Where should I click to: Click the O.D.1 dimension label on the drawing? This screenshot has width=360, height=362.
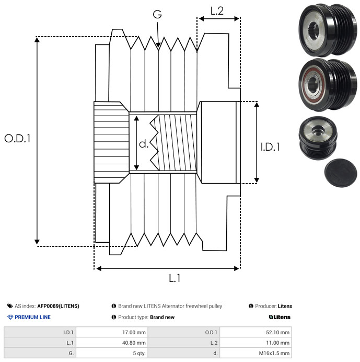[x=17, y=139]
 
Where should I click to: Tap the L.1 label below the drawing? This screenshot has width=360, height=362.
[x=175, y=278]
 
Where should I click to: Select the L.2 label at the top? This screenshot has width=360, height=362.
[x=217, y=10]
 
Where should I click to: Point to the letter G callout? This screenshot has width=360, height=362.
[x=157, y=15]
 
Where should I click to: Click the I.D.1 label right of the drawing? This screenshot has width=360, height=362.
[x=270, y=147]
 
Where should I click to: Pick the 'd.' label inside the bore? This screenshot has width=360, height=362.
[x=144, y=143]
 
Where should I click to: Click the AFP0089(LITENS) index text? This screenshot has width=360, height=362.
[x=58, y=306]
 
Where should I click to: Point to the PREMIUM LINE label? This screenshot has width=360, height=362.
[x=33, y=317]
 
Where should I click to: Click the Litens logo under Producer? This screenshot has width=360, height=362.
[x=280, y=317]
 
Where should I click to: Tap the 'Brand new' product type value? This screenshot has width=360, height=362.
[x=162, y=317]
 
